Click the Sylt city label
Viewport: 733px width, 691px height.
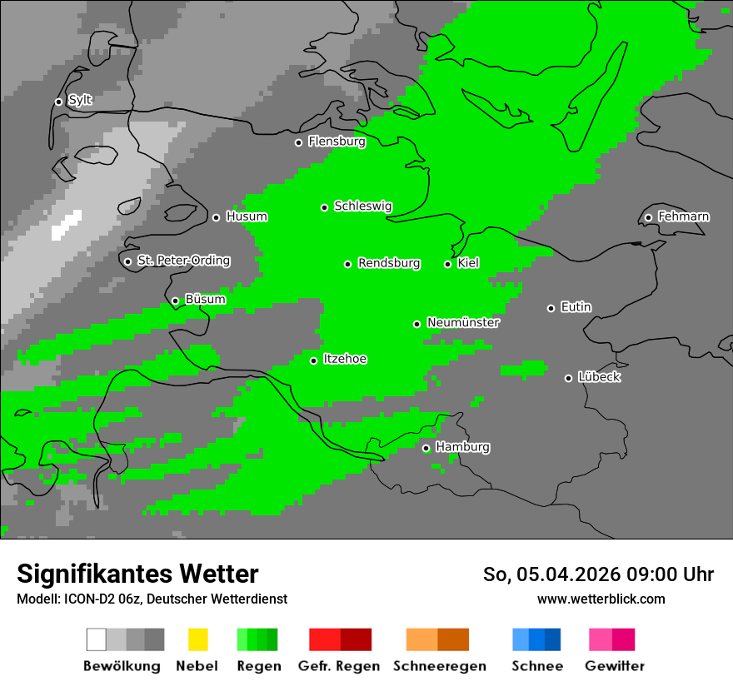click(80, 101)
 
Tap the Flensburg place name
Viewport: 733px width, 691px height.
click(337, 142)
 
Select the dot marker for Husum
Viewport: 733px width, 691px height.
click(216, 217)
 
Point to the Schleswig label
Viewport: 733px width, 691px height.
click(362, 206)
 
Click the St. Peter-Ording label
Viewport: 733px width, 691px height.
click(183, 261)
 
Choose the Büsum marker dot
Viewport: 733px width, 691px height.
click(175, 301)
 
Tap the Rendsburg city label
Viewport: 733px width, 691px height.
click(389, 263)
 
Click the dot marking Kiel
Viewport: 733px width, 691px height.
click(447, 264)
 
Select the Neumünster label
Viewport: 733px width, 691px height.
click(463, 322)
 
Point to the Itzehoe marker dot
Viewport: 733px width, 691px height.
click(313, 360)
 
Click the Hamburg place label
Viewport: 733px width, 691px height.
click(462, 447)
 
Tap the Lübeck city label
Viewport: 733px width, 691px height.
click(599, 377)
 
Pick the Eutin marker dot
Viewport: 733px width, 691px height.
click(551, 308)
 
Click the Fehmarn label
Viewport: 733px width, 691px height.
click(683, 216)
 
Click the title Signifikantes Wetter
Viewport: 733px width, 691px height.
click(137, 574)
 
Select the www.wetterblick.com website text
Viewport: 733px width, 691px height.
click(601, 599)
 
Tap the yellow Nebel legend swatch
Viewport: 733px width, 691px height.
click(197, 639)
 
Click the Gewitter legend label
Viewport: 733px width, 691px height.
click(614, 666)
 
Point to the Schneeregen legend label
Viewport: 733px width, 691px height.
click(439, 666)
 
